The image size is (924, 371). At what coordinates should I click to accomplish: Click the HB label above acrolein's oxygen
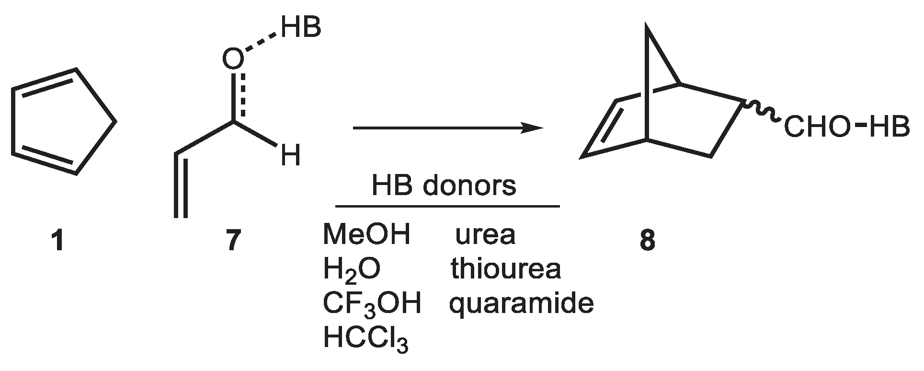(x=301, y=27)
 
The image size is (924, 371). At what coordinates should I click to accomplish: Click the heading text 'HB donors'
(x=444, y=186)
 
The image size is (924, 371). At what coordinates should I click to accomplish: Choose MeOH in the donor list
(x=366, y=235)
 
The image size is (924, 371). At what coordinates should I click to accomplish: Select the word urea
(x=485, y=235)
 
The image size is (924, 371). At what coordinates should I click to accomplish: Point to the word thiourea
(x=505, y=269)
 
